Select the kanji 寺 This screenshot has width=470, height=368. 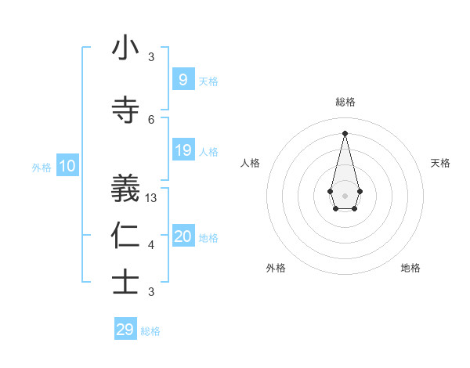(125, 110)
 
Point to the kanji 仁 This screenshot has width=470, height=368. (125, 235)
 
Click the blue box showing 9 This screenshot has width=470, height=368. (183, 79)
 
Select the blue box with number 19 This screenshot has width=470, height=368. (183, 150)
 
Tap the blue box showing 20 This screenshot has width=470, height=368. (183, 236)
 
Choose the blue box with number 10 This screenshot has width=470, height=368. (67, 166)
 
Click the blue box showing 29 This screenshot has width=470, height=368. (125, 330)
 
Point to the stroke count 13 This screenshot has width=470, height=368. (151, 198)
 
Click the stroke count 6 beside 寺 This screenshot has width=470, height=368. (151, 119)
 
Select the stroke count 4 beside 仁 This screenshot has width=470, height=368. (151, 245)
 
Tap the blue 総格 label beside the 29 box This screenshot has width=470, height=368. (150, 331)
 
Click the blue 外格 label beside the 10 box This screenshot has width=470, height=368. (42, 167)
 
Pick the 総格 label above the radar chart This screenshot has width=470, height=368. (345, 102)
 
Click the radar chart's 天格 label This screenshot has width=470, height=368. (440, 163)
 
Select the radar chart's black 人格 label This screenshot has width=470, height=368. (250, 163)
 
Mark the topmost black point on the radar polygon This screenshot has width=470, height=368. (345, 133)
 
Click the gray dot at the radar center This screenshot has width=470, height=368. (345, 194)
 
